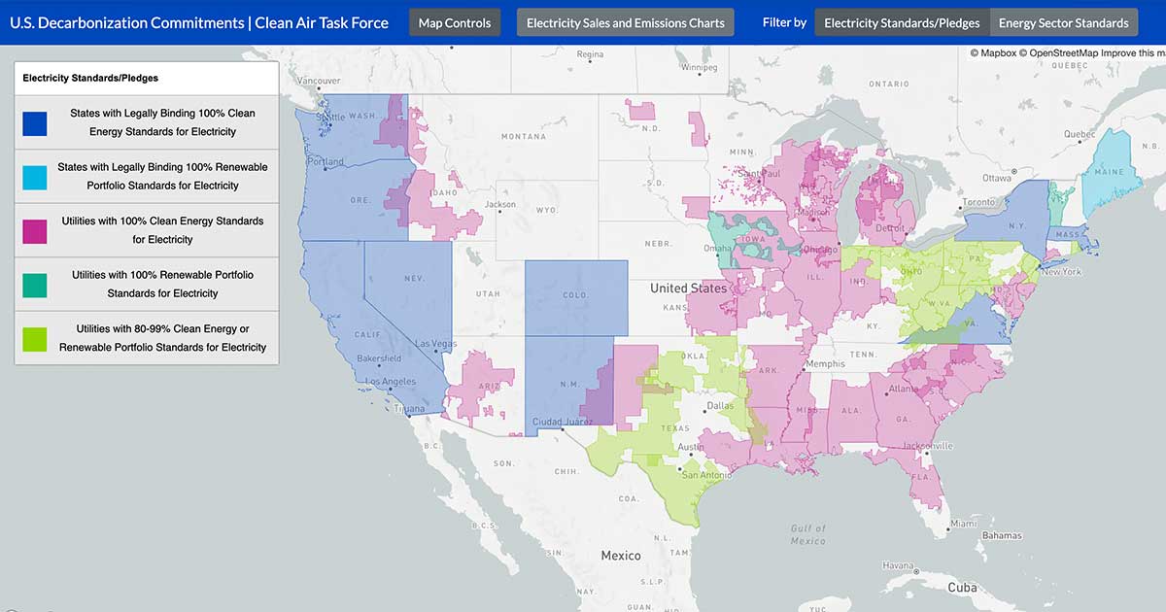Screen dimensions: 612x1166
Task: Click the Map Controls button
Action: (455, 23)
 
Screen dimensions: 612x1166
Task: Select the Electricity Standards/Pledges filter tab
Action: (902, 23)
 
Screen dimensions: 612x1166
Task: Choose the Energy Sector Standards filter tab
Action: (1063, 23)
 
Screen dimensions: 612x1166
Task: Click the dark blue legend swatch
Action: (35, 122)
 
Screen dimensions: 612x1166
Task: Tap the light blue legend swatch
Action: (35, 177)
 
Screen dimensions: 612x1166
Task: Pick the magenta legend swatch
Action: (35, 230)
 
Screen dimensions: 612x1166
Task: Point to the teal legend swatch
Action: (35, 285)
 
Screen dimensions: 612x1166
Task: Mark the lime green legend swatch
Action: (35, 338)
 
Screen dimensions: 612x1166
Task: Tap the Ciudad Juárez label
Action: (564, 422)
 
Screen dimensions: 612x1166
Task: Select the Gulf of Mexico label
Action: (807, 535)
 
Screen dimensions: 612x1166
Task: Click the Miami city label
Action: (965, 524)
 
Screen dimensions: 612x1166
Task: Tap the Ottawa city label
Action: (997, 178)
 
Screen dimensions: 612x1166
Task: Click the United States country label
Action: (688, 289)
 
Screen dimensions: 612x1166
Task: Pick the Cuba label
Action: (961, 587)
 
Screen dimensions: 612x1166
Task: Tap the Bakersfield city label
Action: (378, 358)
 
